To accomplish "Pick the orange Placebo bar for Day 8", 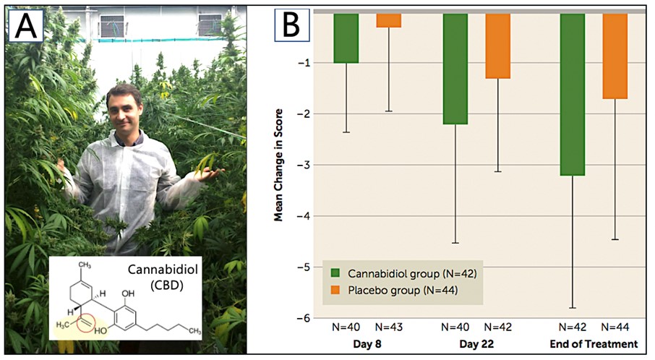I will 389,20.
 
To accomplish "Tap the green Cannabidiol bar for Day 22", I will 455,69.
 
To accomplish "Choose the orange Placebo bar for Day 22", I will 497,46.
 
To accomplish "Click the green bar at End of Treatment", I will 573,94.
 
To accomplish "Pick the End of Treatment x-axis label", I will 592,344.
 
